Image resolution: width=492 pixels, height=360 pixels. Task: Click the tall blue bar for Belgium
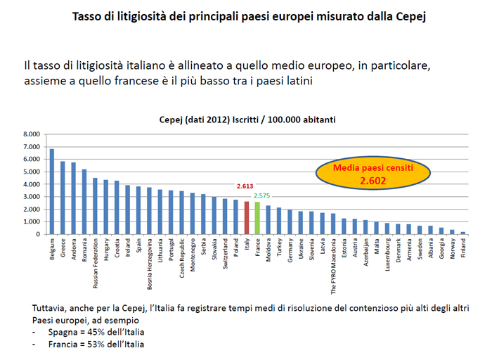point(51,191)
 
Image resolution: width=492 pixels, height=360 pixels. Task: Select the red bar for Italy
point(247,218)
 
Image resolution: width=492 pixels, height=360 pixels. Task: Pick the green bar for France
point(257,219)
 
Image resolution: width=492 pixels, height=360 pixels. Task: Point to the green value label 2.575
point(262,195)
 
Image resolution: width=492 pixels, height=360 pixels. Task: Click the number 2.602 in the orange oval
point(373,181)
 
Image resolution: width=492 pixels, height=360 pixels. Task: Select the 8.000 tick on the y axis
point(32,134)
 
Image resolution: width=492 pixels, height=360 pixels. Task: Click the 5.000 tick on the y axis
point(32,172)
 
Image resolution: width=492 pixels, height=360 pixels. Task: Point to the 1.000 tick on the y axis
point(32,221)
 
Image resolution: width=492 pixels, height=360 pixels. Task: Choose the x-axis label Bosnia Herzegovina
point(150,266)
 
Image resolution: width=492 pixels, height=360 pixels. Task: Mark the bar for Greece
point(63,198)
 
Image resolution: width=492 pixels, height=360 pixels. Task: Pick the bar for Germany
point(290,222)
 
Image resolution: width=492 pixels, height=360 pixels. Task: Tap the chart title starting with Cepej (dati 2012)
point(245,120)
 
